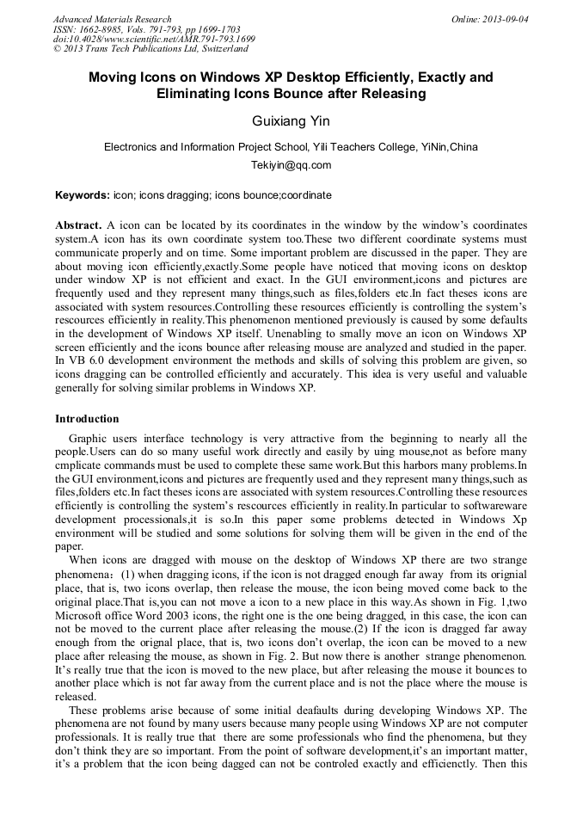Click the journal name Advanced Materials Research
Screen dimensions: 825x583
112,19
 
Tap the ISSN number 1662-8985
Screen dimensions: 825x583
101,29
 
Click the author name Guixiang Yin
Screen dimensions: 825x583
291,121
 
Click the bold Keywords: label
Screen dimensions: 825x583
82,195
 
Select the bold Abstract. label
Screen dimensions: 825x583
79,225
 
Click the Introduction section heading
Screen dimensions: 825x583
87,419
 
